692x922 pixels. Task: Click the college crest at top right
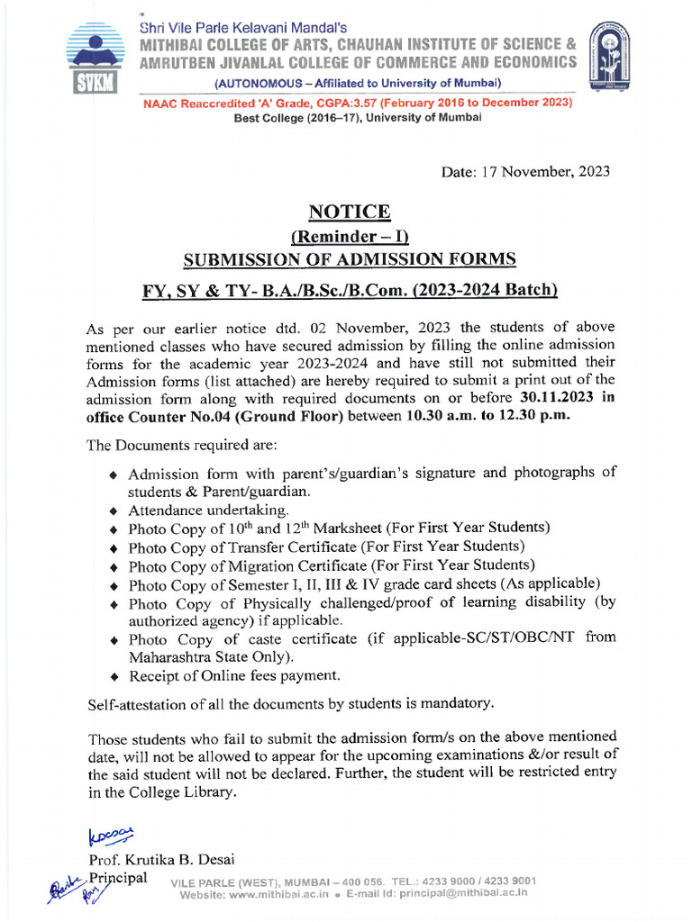click(x=608, y=59)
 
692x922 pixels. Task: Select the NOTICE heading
click(x=350, y=212)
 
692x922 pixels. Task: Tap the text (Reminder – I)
click(x=350, y=237)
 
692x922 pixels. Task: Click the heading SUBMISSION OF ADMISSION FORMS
click(x=350, y=259)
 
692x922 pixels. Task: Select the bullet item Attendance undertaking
click(x=196, y=510)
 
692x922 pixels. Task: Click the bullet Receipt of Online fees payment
click(x=234, y=675)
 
